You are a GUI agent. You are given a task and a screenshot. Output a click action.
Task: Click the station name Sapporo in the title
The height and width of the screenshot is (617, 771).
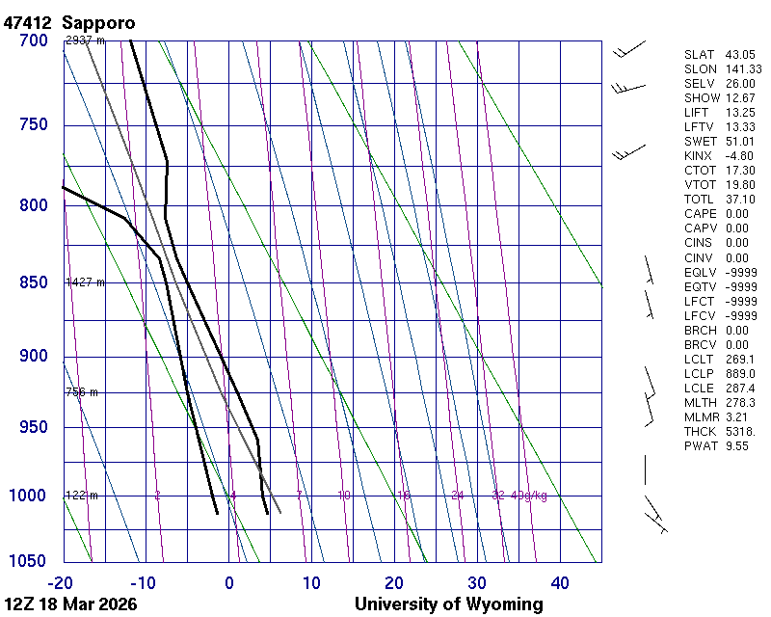coord(99,21)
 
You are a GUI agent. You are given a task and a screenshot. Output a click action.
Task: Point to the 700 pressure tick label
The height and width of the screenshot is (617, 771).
coord(34,40)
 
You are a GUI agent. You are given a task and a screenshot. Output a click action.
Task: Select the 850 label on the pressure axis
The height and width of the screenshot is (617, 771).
coord(34,283)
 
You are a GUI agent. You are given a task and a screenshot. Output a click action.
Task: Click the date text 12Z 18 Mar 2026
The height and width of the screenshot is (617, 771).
coord(70,604)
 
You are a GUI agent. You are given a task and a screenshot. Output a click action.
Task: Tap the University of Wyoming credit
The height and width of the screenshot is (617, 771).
coord(448,604)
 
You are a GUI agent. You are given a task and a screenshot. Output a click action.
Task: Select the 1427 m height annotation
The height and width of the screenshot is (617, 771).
coord(85,282)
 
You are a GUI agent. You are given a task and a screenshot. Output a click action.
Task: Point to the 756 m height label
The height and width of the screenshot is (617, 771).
coord(82,392)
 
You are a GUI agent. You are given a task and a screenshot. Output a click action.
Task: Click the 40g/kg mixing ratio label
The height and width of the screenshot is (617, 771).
coord(529,496)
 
